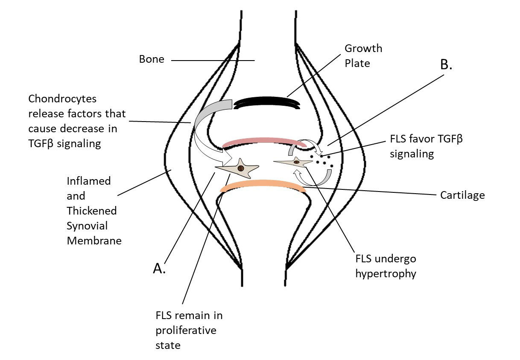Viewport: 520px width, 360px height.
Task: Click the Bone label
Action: click(152, 59)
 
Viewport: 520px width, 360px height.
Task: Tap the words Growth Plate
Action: click(363, 56)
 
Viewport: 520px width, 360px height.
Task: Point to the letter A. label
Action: click(159, 268)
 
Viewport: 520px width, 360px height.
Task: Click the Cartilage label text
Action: click(462, 195)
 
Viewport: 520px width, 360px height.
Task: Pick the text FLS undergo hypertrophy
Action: click(386, 266)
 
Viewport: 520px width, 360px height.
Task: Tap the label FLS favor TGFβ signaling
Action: click(426, 146)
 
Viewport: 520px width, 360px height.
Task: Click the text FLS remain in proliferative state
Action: click(189, 330)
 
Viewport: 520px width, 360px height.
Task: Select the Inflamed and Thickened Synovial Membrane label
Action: click(94, 211)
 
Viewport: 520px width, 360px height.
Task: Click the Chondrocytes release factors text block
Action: click(77, 121)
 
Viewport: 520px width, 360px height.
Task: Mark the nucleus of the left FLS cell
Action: click(241, 168)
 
